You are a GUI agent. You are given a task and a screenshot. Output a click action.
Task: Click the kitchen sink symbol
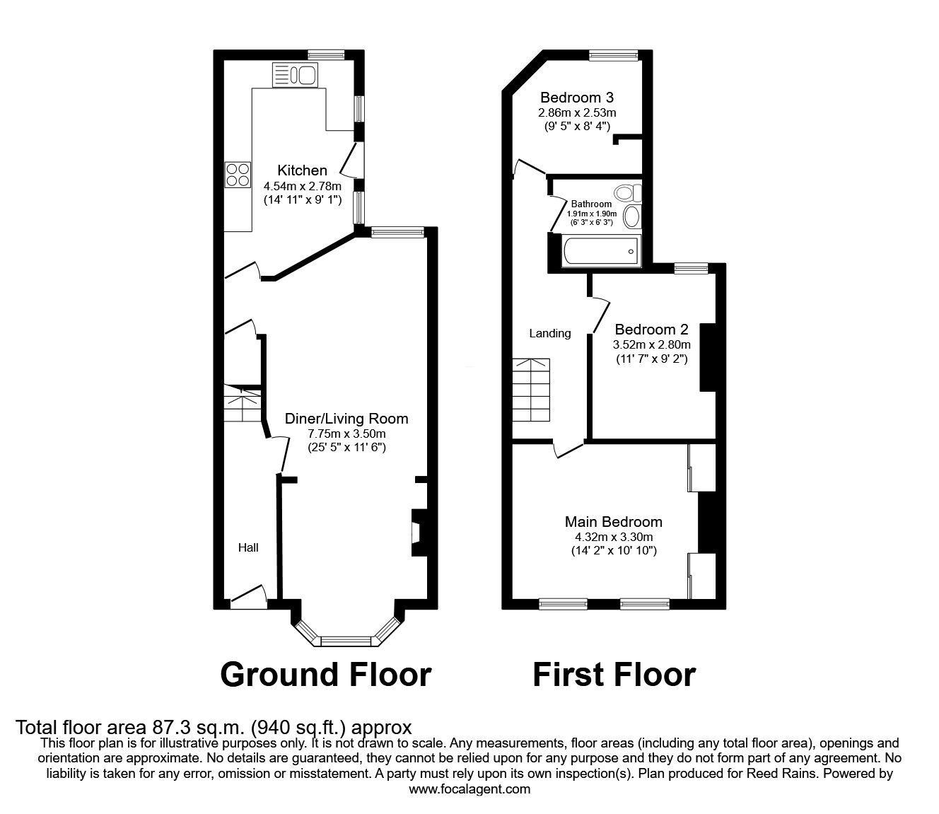click(295, 75)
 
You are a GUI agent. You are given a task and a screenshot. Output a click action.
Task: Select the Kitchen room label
click(302, 170)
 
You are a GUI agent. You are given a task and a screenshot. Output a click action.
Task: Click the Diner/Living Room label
click(346, 419)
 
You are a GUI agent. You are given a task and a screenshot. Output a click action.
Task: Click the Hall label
click(248, 547)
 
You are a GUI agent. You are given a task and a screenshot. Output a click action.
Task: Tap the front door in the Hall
click(248, 597)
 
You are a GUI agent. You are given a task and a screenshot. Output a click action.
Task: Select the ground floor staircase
click(243, 404)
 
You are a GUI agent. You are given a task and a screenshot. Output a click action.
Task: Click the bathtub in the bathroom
click(600, 251)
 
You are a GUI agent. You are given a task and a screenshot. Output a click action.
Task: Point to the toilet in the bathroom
click(627, 192)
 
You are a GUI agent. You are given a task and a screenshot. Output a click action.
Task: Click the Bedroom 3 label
click(577, 98)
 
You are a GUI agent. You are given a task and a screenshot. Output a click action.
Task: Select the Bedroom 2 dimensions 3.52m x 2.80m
click(651, 344)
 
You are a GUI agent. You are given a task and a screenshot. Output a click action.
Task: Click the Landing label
click(549, 334)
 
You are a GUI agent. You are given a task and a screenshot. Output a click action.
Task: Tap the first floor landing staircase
click(531, 390)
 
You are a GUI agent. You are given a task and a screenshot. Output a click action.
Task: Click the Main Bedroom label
click(613, 522)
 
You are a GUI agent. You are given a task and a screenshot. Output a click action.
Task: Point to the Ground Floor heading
click(326, 675)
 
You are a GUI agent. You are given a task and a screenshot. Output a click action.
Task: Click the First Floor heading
click(614, 675)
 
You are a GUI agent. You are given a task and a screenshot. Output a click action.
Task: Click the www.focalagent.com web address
click(469, 789)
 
